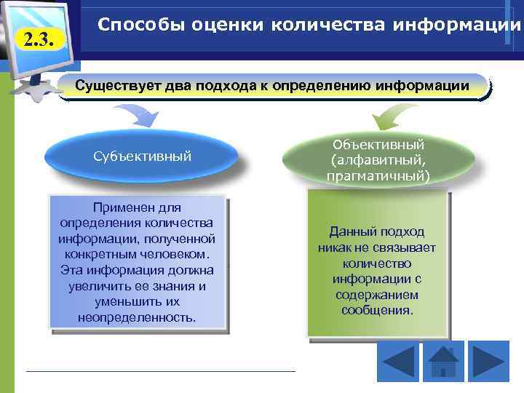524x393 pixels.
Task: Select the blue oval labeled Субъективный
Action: (x=142, y=156)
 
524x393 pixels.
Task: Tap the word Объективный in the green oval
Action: (x=378, y=144)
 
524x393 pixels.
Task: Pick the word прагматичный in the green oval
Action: (x=378, y=176)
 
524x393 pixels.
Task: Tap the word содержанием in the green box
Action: (x=376, y=295)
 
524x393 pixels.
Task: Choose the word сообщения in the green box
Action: (x=376, y=311)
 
